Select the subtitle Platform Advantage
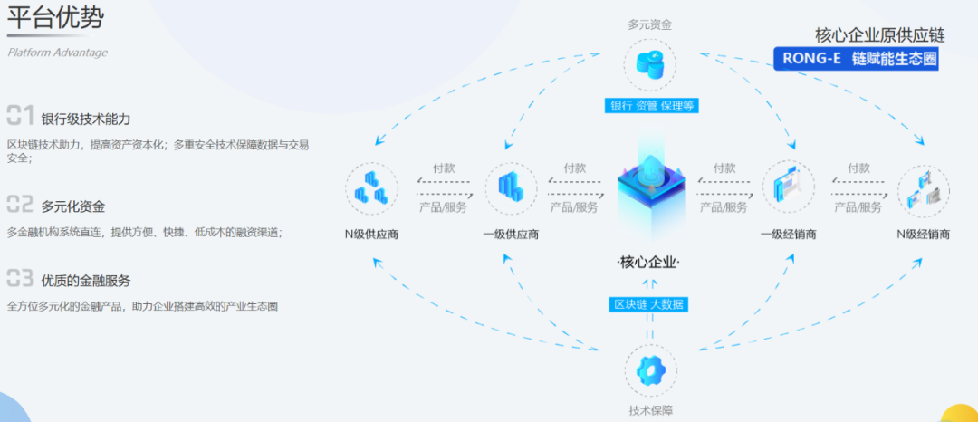pos(57,53)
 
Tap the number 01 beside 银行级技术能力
pos(20,115)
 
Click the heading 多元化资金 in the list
pos(72,206)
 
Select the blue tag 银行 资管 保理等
pos(650,105)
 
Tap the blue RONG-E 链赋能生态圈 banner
pos(856,59)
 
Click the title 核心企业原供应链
pos(879,35)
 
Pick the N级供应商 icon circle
pos(371,189)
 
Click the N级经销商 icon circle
pos(923,189)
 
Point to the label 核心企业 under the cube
pos(648,263)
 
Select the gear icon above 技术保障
pos(649,372)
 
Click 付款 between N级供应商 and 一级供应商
pos(443,168)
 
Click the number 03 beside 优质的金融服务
pos(20,277)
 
